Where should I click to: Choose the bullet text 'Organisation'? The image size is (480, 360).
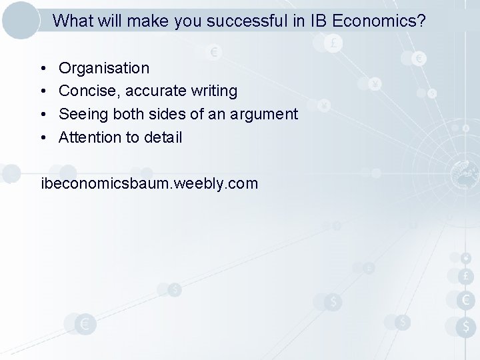click(104, 68)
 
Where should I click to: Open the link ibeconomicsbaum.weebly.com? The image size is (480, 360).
click(149, 183)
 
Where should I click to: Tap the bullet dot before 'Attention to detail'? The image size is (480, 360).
click(42, 138)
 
